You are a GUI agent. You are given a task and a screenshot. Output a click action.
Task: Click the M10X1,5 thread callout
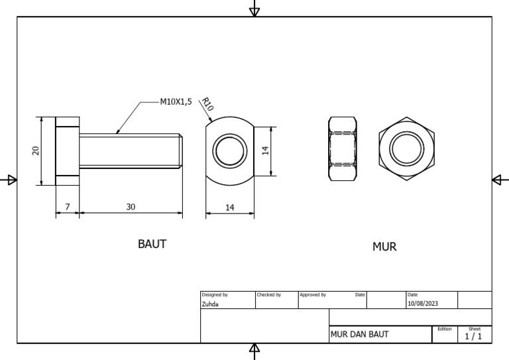176,102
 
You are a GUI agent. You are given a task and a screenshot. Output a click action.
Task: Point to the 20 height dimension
36,150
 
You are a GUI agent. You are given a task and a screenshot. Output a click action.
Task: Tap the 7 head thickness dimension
67,207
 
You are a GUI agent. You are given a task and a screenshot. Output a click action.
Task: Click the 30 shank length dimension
131,207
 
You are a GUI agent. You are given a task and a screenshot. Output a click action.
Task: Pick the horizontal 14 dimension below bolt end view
230,208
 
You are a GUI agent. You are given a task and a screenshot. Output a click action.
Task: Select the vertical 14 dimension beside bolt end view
265,151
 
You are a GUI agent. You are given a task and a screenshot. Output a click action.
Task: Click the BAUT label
152,244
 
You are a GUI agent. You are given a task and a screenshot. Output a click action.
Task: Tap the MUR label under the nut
384,247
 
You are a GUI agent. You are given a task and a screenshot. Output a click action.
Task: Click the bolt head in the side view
67,150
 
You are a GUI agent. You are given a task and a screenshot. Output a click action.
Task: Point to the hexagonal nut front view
407,149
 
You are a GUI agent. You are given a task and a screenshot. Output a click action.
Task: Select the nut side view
344,149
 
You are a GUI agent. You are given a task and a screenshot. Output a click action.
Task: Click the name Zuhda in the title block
210,304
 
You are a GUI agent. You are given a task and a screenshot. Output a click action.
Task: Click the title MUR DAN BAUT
359,335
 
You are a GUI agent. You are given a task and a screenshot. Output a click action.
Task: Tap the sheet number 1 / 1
474,336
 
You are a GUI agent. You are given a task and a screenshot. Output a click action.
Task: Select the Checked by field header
268,294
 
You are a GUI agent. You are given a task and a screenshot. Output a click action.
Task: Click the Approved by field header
312,294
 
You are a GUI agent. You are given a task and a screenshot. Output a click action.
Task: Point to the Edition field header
445,329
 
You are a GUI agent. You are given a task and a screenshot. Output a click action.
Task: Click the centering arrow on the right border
500,180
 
